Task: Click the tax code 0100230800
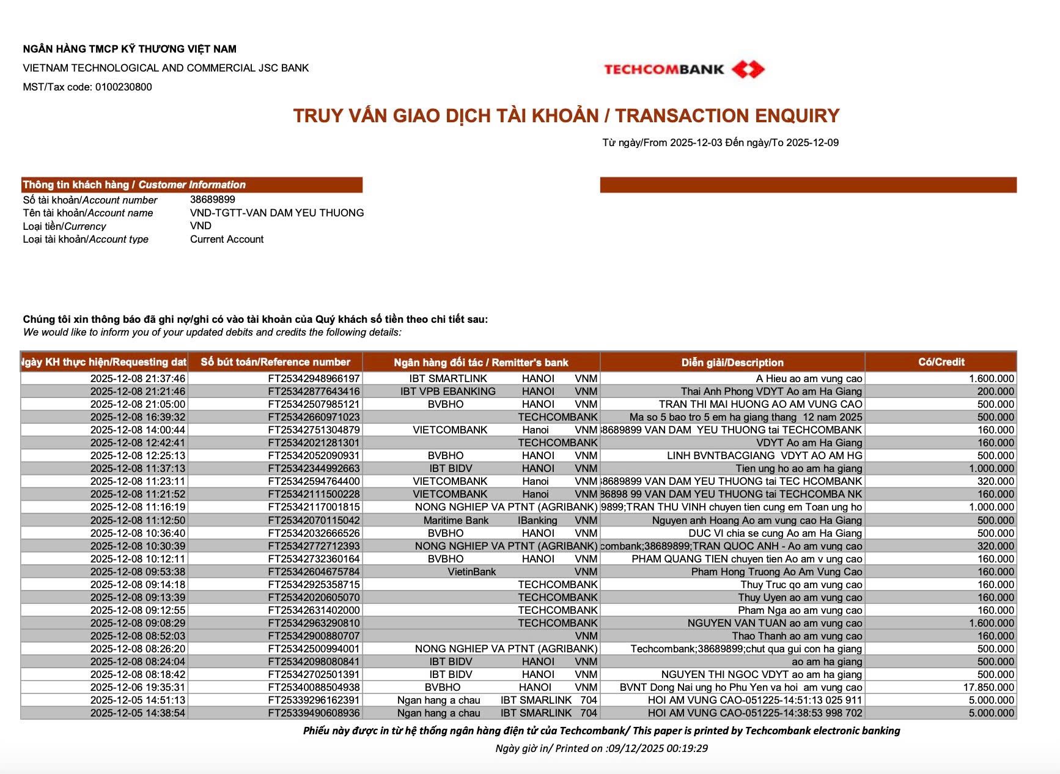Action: tap(123, 87)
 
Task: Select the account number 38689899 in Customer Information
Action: tap(213, 199)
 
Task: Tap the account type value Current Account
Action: tap(227, 239)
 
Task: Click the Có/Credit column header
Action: tap(941, 362)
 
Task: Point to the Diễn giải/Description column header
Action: tap(732, 363)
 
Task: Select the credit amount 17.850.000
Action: tap(988, 687)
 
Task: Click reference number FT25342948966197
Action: tap(314, 378)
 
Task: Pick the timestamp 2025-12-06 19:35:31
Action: tap(138, 687)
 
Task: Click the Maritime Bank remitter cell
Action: tap(456, 520)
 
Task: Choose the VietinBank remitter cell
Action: tap(472, 572)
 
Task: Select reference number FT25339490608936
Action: tap(314, 713)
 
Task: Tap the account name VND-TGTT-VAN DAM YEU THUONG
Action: tap(277, 213)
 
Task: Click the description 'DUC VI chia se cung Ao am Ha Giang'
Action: tap(775, 533)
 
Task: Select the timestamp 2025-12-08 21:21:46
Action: tap(138, 391)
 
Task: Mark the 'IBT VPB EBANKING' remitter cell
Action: tap(448, 391)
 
